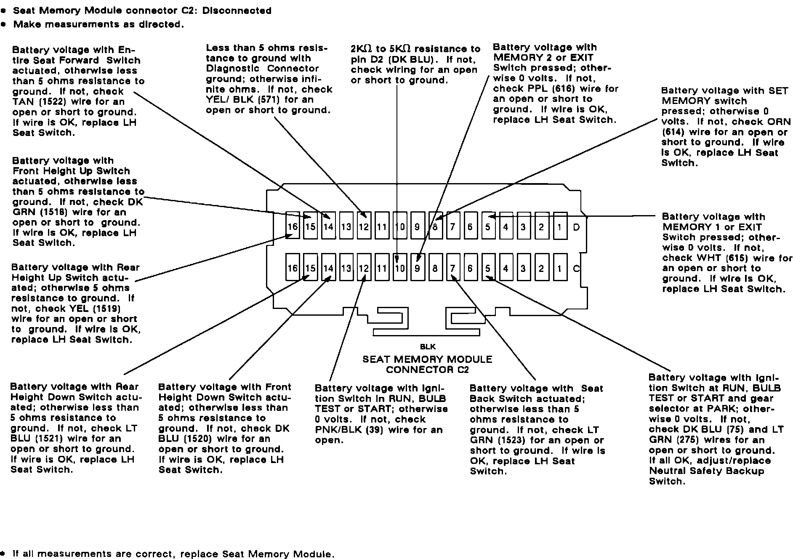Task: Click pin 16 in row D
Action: (x=293, y=227)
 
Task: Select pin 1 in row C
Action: (x=559, y=268)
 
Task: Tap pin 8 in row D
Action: (x=435, y=227)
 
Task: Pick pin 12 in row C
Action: (x=364, y=268)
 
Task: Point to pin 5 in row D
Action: (x=488, y=227)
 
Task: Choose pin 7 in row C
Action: (x=452, y=268)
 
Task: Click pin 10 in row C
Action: (x=399, y=268)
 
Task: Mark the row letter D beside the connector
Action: (x=576, y=227)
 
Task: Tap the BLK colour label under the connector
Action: (x=427, y=347)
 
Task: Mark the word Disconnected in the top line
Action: (x=237, y=11)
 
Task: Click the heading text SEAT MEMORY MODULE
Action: (x=427, y=359)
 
